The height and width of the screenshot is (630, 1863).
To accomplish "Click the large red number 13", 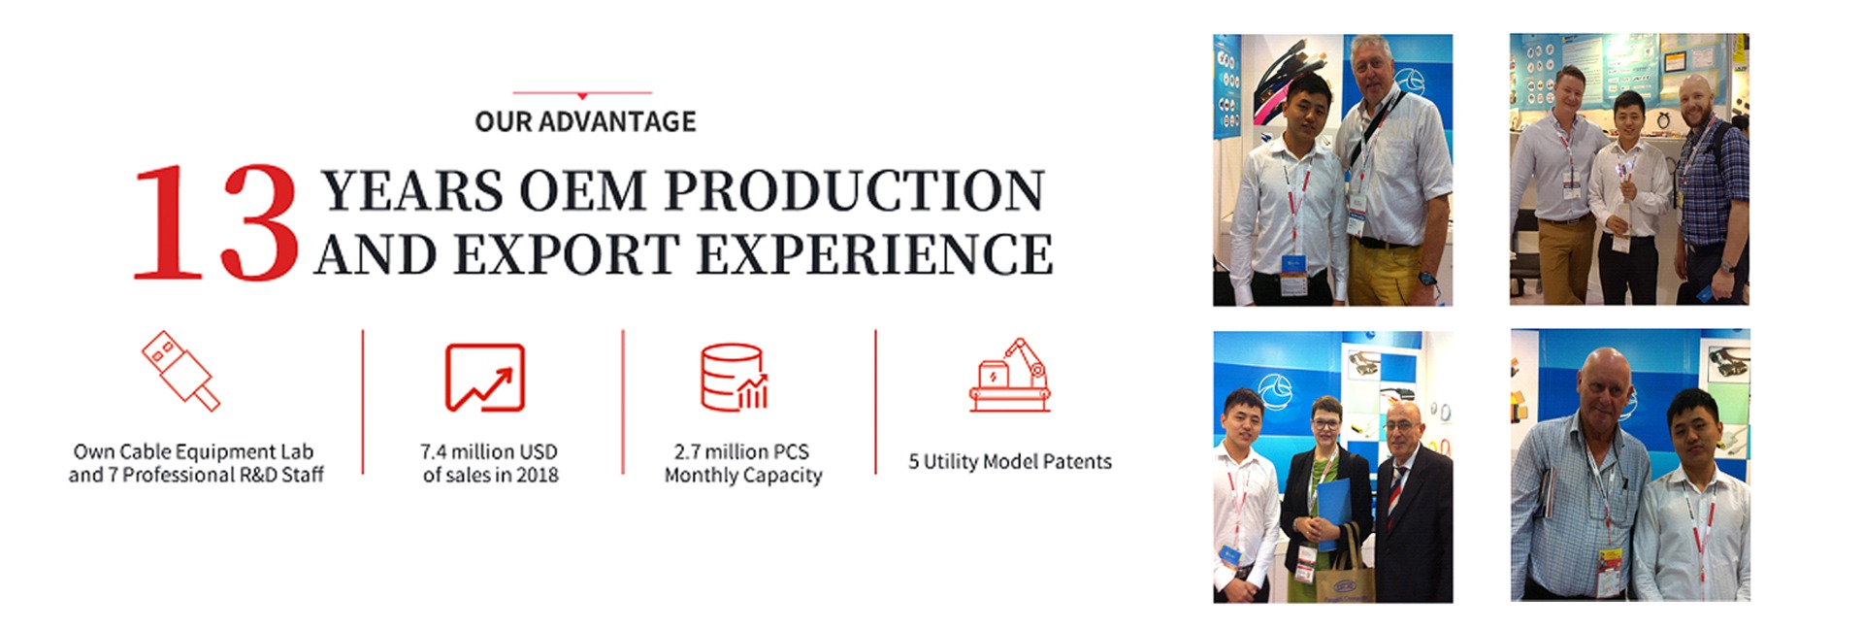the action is (x=215, y=222).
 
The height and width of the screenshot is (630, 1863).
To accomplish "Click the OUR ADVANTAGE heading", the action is (x=585, y=121).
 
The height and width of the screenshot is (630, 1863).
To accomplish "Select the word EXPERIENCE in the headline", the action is (x=874, y=254).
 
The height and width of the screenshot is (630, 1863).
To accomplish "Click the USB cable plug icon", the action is (x=180, y=371).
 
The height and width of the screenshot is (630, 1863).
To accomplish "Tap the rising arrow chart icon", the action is (x=485, y=378).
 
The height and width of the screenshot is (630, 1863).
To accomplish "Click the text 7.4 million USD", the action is (x=489, y=451).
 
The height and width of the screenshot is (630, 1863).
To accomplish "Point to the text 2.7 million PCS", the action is (x=741, y=451).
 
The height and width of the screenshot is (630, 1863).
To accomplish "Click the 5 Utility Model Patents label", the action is (x=1010, y=462).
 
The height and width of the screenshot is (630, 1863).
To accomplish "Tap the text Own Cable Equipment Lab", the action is (x=194, y=451).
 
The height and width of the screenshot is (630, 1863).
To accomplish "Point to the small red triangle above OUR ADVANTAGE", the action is (x=582, y=96).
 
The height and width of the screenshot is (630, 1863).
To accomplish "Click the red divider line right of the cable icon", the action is (x=363, y=402).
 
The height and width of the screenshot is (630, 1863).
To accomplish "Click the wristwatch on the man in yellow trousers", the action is (x=1425, y=278).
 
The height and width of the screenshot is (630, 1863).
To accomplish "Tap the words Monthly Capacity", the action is (x=743, y=476).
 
